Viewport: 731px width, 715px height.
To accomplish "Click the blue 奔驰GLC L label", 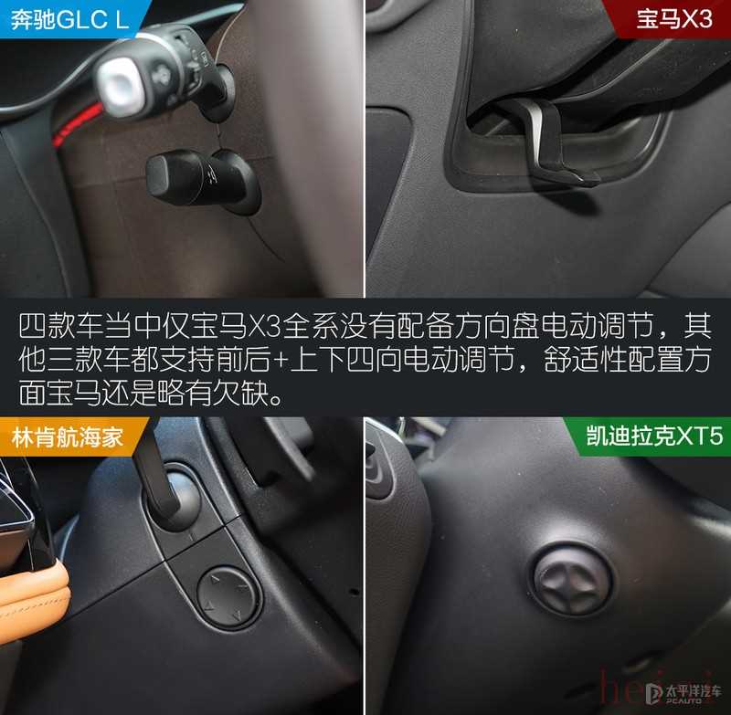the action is click(x=70, y=19).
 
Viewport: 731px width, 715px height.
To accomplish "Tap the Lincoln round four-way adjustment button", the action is click(x=227, y=596).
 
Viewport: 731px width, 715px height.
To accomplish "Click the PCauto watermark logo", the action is click(x=683, y=693).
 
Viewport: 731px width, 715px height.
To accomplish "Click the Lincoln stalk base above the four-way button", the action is click(x=179, y=499).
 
